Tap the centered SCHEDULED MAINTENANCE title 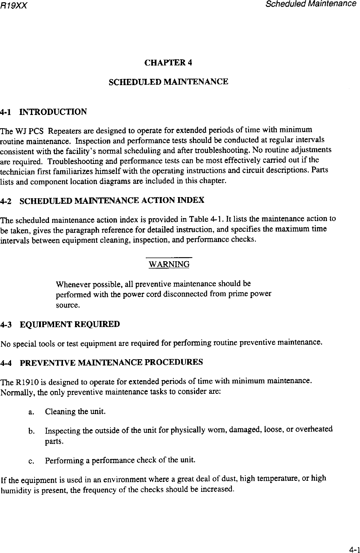click(169, 81)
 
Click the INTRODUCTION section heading click(53, 112)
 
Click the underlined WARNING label click(169, 264)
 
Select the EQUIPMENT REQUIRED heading click(70, 325)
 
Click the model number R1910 click(25, 381)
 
